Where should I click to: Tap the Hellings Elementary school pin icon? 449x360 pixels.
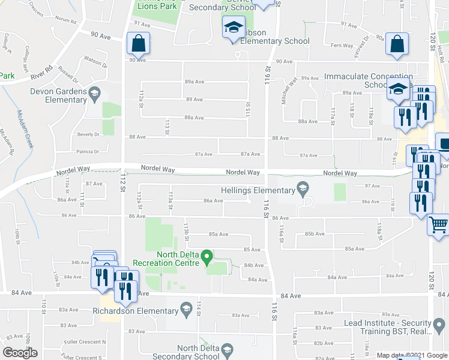click(303, 190)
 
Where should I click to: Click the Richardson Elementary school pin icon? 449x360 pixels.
click(186, 310)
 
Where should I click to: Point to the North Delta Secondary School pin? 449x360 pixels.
click(226, 350)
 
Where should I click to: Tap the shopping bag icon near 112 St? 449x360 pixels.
click(138, 44)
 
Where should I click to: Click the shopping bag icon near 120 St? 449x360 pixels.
click(397, 44)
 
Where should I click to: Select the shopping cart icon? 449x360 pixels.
click(439, 224)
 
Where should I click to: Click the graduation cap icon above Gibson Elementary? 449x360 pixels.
click(233, 27)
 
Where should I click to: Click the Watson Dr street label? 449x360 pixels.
click(95, 62)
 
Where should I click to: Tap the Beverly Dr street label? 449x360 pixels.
click(88, 135)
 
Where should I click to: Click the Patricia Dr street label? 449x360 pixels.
click(87, 152)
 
